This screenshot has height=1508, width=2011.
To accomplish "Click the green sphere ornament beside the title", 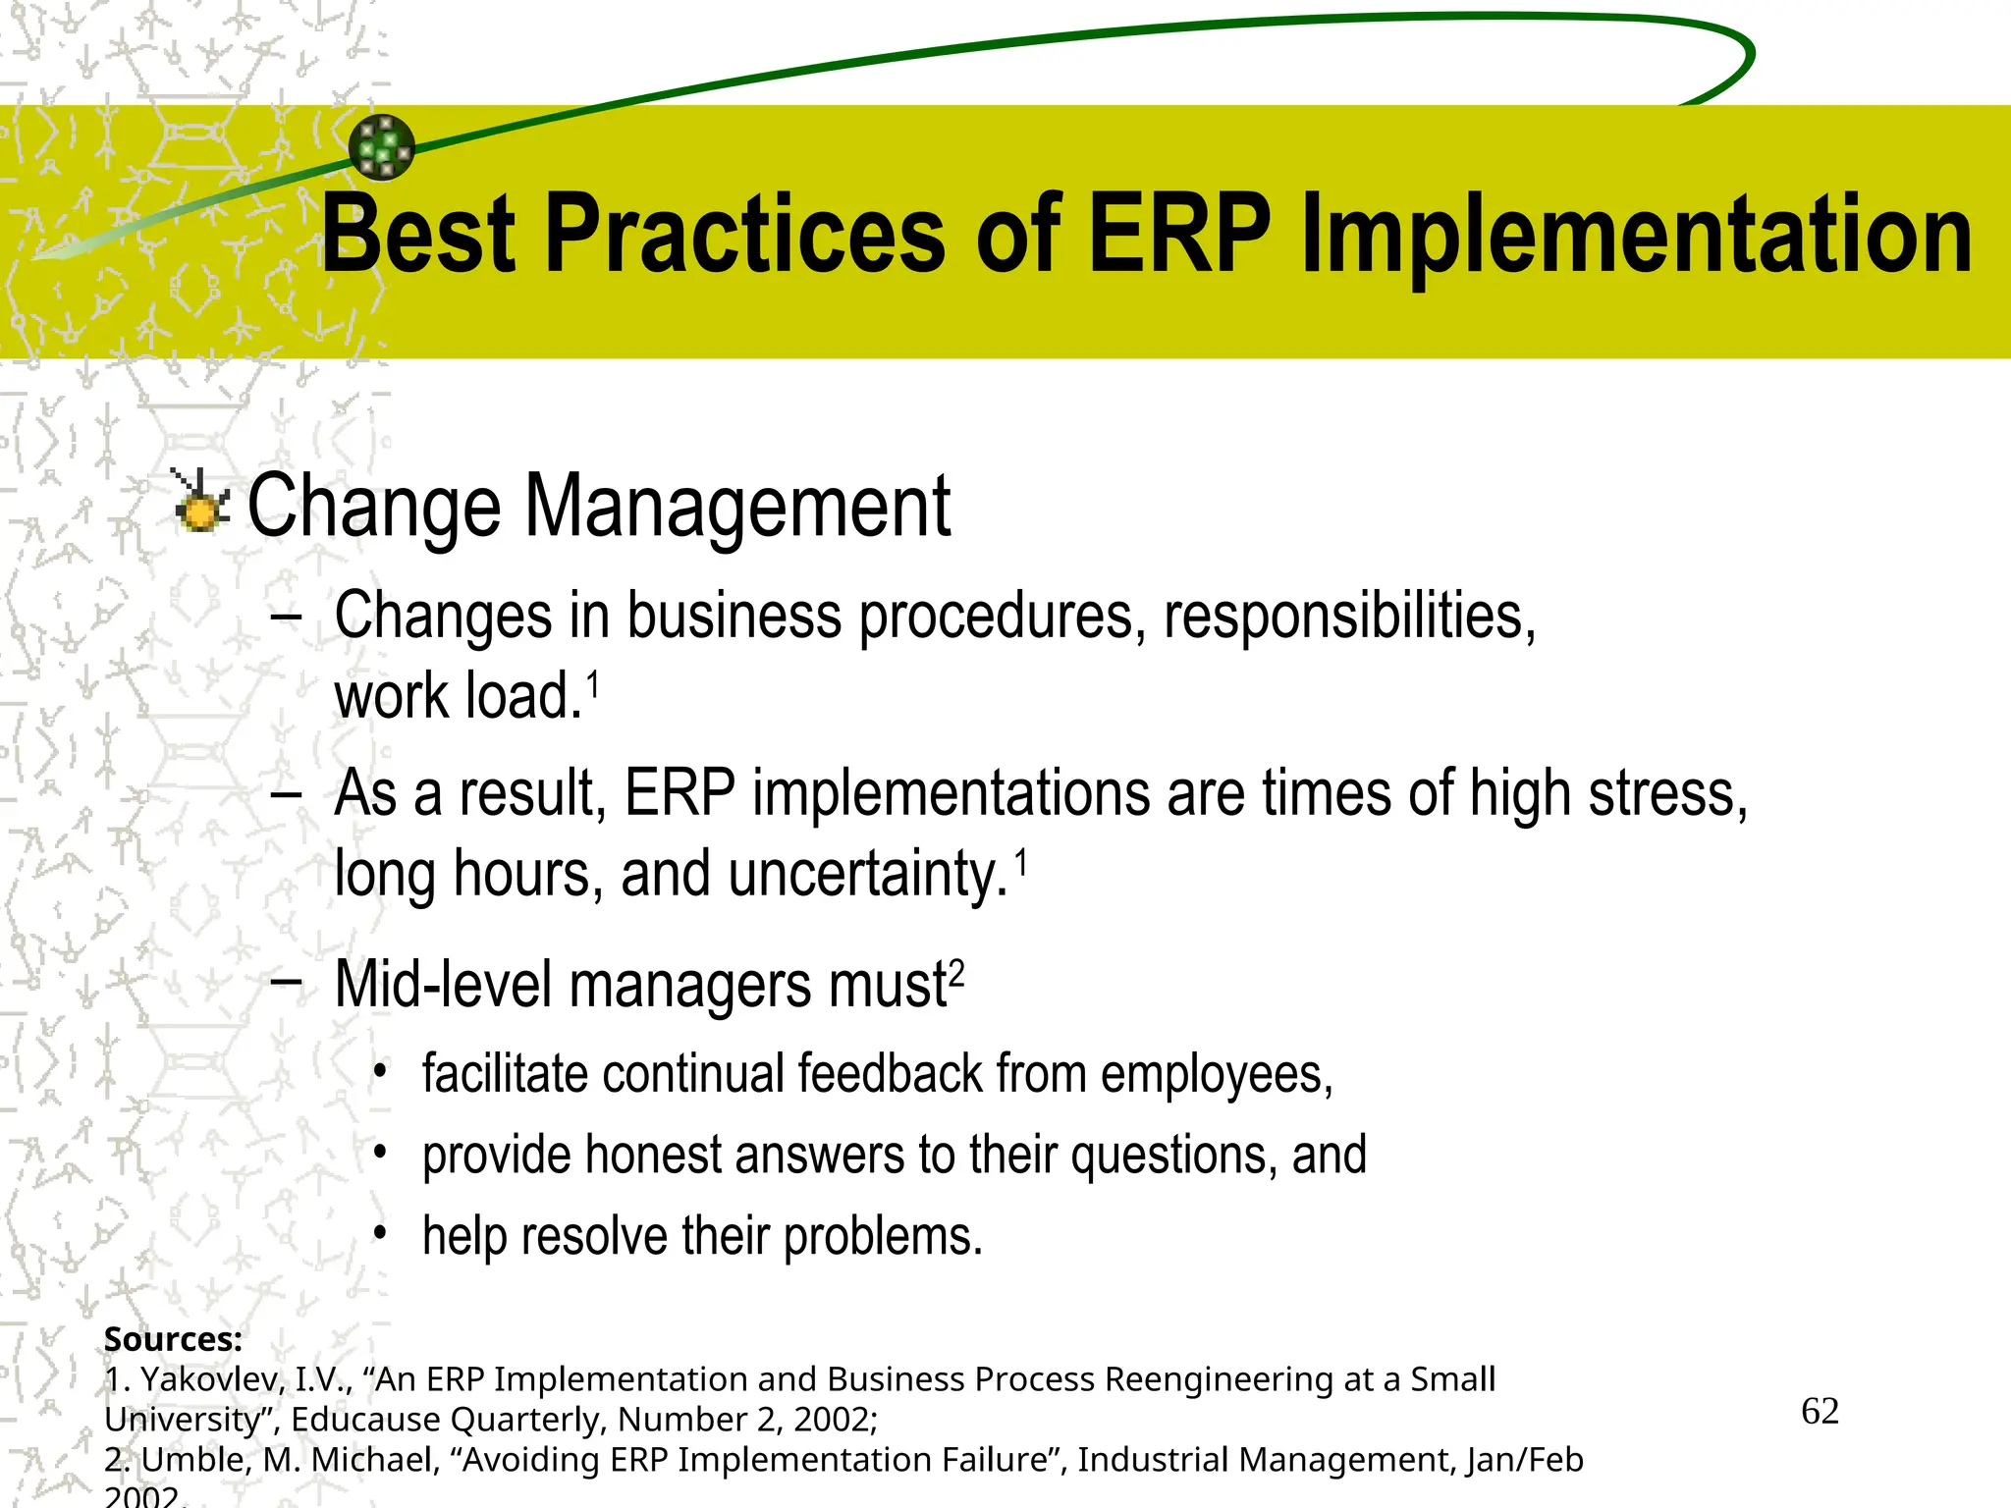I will pyautogui.click(x=382, y=147).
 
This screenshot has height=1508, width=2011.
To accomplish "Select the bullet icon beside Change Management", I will pyautogui.click(x=201, y=503).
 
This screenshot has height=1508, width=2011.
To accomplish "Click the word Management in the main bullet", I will pyautogui.click(x=736, y=508).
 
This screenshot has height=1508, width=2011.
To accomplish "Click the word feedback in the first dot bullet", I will pyautogui.click(x=890, y=1074).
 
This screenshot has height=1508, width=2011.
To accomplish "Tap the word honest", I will pyautogui.click(x=653, y=1156).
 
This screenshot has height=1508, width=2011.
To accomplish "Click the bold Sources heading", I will pyautogui.click(x=173, y=1339).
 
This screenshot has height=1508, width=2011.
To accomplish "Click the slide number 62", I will pyautogui.click(x=1820, y=1412).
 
